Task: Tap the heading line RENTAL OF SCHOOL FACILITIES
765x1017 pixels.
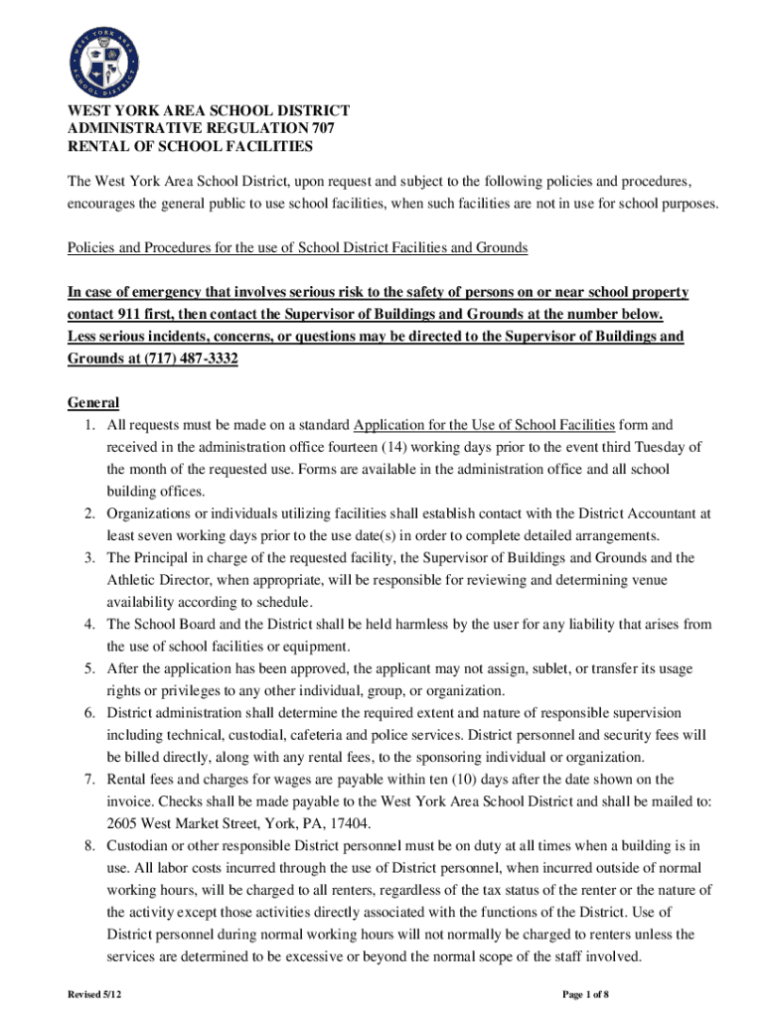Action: [x=190, y=147]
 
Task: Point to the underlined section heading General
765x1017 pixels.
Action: [x=93, y=402]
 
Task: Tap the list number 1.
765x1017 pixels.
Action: [x=88, y=425]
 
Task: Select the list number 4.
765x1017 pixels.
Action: [x=88, y=624]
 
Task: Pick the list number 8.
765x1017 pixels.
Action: [x=88, y=845]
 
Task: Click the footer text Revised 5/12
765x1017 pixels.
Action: [x=95, y=994]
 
